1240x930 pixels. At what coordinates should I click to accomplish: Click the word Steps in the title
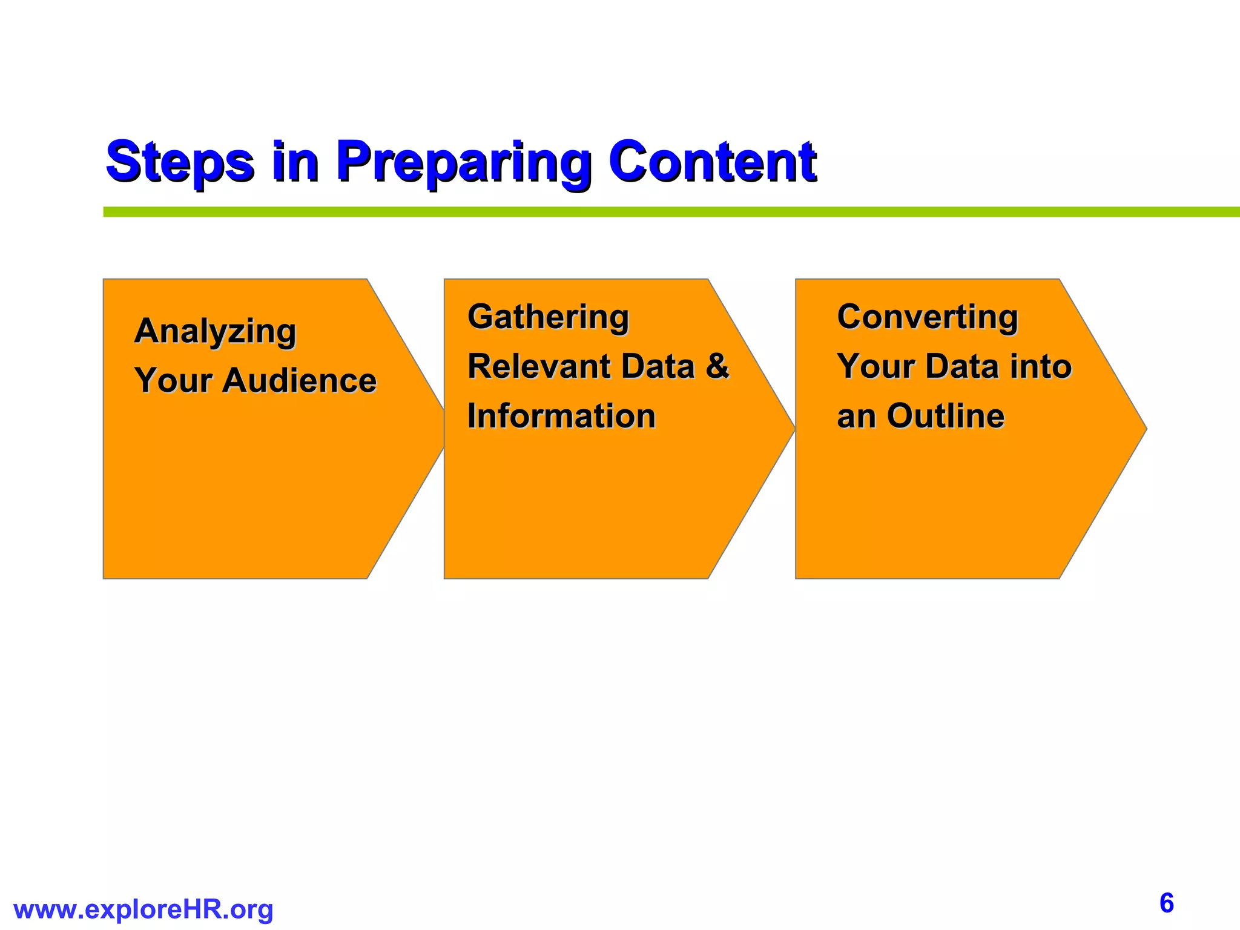(180, 162)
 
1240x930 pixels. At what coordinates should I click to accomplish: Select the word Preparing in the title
(463, 162)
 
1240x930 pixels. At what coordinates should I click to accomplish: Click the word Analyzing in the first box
(216, 332)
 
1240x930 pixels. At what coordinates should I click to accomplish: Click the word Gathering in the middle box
(548, 317)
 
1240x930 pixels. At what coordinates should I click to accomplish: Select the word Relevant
(539, 367)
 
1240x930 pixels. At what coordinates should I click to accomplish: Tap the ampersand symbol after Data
(717, 367)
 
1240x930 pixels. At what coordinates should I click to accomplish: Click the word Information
(561, 417)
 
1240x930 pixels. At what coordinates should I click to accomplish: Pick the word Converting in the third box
(927, 317)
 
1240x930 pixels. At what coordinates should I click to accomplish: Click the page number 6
(1166, 903)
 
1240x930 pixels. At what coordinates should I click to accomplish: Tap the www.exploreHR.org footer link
(143, 909)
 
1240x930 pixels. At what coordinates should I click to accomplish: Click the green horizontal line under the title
(666, 212)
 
